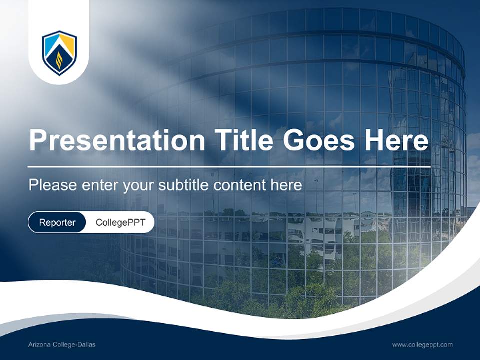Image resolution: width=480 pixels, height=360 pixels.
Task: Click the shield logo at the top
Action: [59, 53]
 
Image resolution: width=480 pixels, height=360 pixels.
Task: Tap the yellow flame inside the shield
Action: [59, 60]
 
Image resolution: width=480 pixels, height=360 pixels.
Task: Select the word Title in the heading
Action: [243, 140]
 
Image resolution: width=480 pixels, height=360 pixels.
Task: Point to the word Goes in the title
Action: [318, 140]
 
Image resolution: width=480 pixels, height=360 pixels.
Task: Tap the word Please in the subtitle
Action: [53, 185]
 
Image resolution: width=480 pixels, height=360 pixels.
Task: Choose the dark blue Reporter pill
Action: [57, 222]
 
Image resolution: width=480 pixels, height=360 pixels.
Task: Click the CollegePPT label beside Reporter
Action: [120, 222]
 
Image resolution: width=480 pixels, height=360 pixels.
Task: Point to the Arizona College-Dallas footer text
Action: [62, 345]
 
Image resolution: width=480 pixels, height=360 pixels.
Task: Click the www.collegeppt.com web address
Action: [422, 345]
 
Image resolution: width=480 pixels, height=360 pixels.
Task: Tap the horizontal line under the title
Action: [229, 167]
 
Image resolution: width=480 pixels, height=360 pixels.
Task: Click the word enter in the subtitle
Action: [100, 185]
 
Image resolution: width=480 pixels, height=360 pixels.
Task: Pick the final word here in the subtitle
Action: [286, 185]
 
